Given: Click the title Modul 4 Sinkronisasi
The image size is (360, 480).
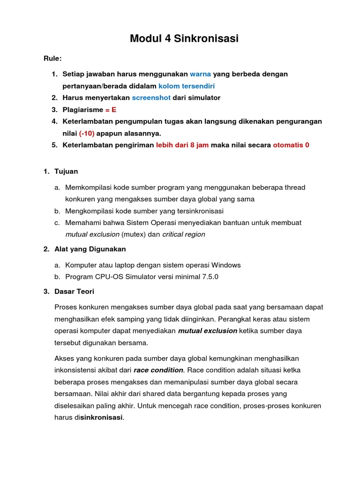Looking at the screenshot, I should [184, 39].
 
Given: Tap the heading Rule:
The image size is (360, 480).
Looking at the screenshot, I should [52, 59].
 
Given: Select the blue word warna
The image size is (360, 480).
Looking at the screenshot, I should [201, 74].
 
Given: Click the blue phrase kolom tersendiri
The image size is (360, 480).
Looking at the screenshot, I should [187, 86].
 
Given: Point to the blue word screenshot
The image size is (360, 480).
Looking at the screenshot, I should [151, 98].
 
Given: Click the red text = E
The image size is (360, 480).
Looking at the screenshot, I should [111, 110].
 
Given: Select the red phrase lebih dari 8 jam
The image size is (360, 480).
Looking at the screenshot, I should [182, 145].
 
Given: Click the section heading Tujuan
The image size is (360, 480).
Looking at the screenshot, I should [67, 172].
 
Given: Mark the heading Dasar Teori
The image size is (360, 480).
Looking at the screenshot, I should [74, 292].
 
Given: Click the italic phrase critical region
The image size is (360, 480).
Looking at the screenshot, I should [183, 234].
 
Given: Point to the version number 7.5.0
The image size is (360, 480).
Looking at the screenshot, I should [210, 277].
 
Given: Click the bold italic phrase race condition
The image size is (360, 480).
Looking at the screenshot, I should [158, 370].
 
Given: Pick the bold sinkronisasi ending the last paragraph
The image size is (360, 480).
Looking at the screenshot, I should [101, 417].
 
